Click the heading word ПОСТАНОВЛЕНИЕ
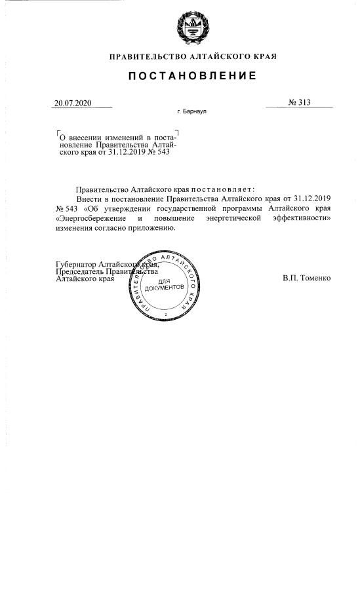[x=192, y=76]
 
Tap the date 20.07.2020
[x=73, y=102]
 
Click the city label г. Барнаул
[x=191, y=112]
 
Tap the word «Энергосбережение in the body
[x=90, y=218]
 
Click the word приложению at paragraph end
[x=151, y=228]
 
